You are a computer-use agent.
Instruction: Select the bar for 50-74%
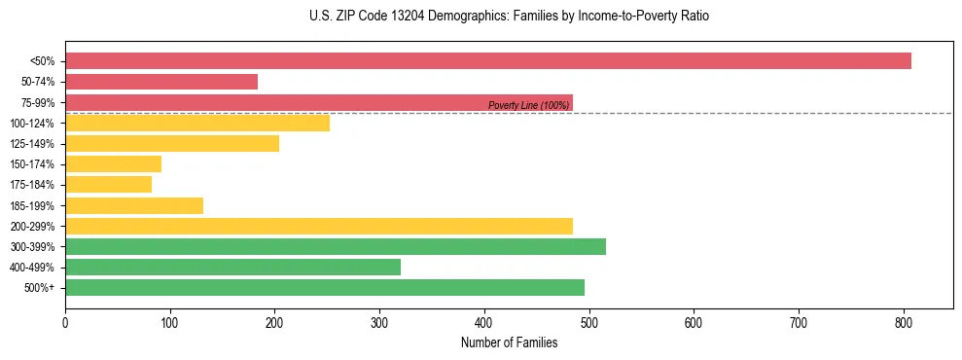161,82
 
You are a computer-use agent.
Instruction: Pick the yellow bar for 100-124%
197,123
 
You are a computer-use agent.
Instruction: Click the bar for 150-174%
113,164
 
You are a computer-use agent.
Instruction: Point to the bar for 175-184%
108,185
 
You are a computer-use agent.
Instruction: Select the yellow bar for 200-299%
319,226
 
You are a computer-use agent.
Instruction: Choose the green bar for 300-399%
336,246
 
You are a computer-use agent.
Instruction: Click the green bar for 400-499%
232,267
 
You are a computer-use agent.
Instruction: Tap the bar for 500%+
325,287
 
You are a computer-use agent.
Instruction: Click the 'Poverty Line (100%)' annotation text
528,105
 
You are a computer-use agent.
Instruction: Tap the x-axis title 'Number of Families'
509,342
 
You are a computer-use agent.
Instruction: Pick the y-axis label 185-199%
32,205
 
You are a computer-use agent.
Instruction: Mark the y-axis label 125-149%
32,144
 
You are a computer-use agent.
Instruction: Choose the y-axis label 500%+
39,288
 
